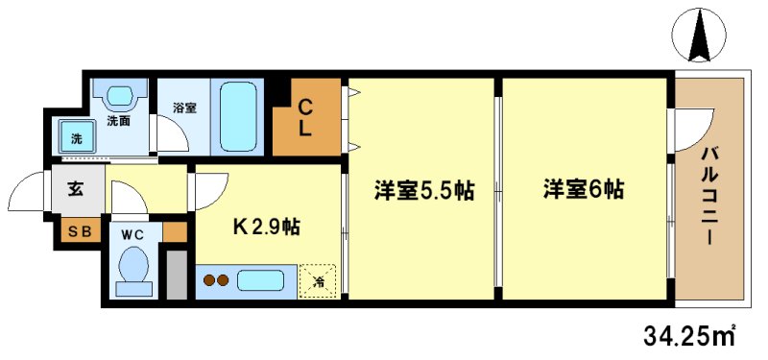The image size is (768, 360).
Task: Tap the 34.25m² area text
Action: click(688, 335)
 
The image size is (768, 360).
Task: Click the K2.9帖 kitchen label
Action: click(267, 228)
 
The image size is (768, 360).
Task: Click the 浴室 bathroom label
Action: click(184, 108)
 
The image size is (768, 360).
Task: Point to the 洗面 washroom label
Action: click(119, 122)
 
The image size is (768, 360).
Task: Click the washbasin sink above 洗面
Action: click(120, 96)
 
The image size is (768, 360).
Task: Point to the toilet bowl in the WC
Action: click(132, 270)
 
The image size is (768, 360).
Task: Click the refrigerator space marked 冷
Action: click(317, 280)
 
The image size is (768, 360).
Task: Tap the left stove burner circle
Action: click(210, 281)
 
